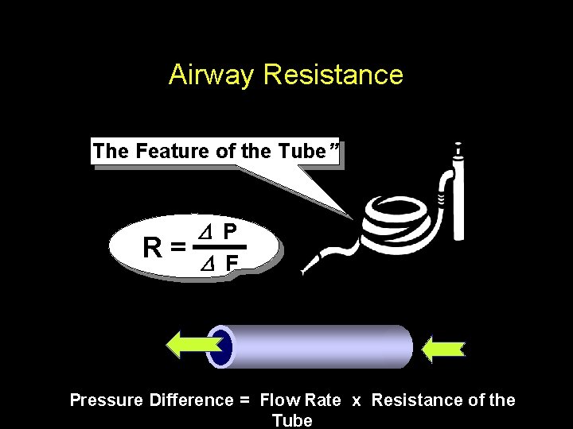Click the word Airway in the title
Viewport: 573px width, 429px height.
point(212,75)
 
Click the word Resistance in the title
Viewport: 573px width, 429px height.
point(333,75)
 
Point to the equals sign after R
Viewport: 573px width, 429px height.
point(180,248)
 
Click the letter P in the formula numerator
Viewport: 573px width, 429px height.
point(229,232)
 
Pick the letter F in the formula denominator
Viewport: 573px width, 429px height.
point(231,263)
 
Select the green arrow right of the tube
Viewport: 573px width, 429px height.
point(442,348)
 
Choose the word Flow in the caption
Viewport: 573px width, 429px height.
point(279,400)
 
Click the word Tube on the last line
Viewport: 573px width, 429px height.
point(292,420)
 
